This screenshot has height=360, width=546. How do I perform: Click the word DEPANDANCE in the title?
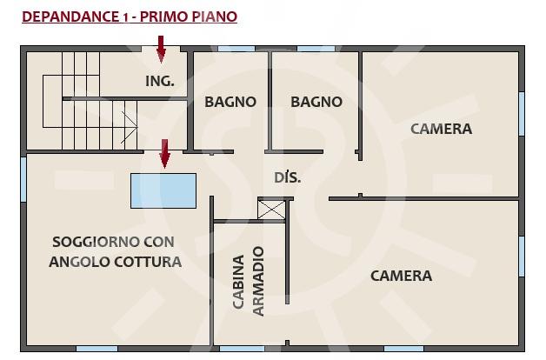[70, 17]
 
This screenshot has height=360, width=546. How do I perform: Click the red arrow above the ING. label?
[161, 49]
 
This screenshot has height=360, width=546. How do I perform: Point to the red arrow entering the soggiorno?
[164, 154]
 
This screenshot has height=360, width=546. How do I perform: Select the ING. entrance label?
[160, 81]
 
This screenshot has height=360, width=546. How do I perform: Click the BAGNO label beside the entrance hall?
[230, 102]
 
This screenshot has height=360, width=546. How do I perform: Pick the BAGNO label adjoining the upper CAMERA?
[316, 102]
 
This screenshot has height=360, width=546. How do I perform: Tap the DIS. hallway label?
[287, 177]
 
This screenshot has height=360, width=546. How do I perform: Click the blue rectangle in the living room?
[163, 190]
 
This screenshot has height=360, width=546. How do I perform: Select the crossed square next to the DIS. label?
[271, 210]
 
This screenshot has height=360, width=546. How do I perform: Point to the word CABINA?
[238, 282]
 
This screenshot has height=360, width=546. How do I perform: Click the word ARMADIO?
[258, 282]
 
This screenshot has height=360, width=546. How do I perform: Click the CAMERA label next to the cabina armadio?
[401, 277]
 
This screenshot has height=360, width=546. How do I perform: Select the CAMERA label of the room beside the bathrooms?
[441, 130]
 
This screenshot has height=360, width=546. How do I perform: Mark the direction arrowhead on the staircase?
[130, 128]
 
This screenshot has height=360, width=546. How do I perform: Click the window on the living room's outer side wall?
[23, 180]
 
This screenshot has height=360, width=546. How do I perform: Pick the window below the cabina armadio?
[243, 349]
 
